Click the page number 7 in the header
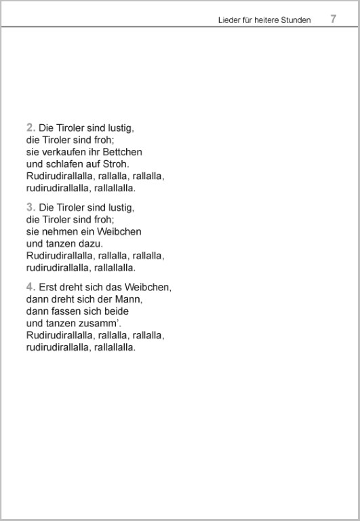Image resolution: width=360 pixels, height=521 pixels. click(333, 19)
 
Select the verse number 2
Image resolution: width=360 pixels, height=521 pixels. click(30, 127)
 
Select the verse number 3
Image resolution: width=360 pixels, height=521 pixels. click(30, 207)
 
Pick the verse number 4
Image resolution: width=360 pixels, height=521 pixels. click(30, 287)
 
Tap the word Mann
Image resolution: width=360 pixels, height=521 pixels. click(133, 299)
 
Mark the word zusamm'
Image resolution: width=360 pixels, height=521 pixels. click(100, 324)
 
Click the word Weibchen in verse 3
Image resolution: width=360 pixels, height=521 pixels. click(122, 231)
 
